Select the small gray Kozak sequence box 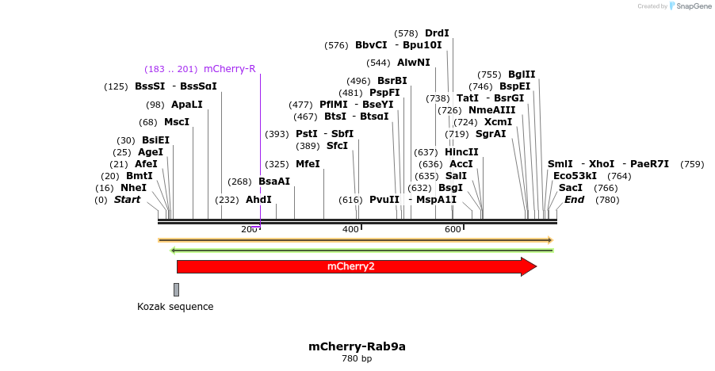(x=176, y=289)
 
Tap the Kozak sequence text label (x=175, y=307)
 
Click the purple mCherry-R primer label (x=229, y=69)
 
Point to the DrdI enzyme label (x=437, y=33)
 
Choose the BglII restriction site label (x=522, y=75)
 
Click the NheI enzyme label (x=133, y=188)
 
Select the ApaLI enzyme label (x=186, y=105)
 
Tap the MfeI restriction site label (x=308, y=164)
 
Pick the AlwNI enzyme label (x=414, y=63)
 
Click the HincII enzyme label (x=461, y=152)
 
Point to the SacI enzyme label (x=571, y=188)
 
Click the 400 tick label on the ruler (x=350, y=229)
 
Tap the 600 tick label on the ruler (x=453, y=229)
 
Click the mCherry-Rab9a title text (x=357, y=346)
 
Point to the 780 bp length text (x=357, y=359)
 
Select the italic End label (x=574, y=200)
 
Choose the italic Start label (x=127, y=200)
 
